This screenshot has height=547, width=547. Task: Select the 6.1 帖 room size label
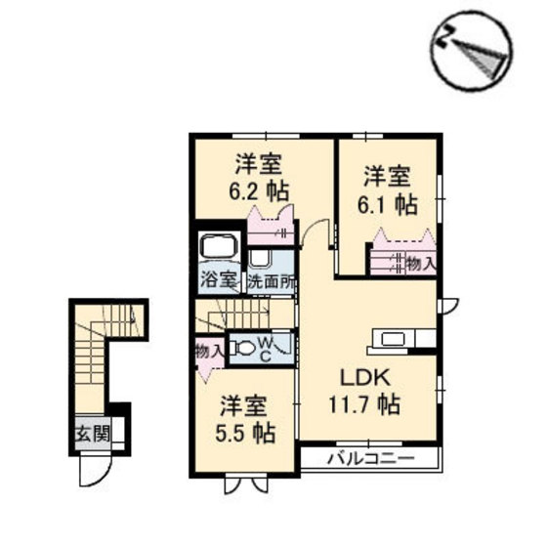pyautogui.click(x=391, y=205)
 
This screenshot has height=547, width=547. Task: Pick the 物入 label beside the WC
pyautogui.click(x=208, y=349)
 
